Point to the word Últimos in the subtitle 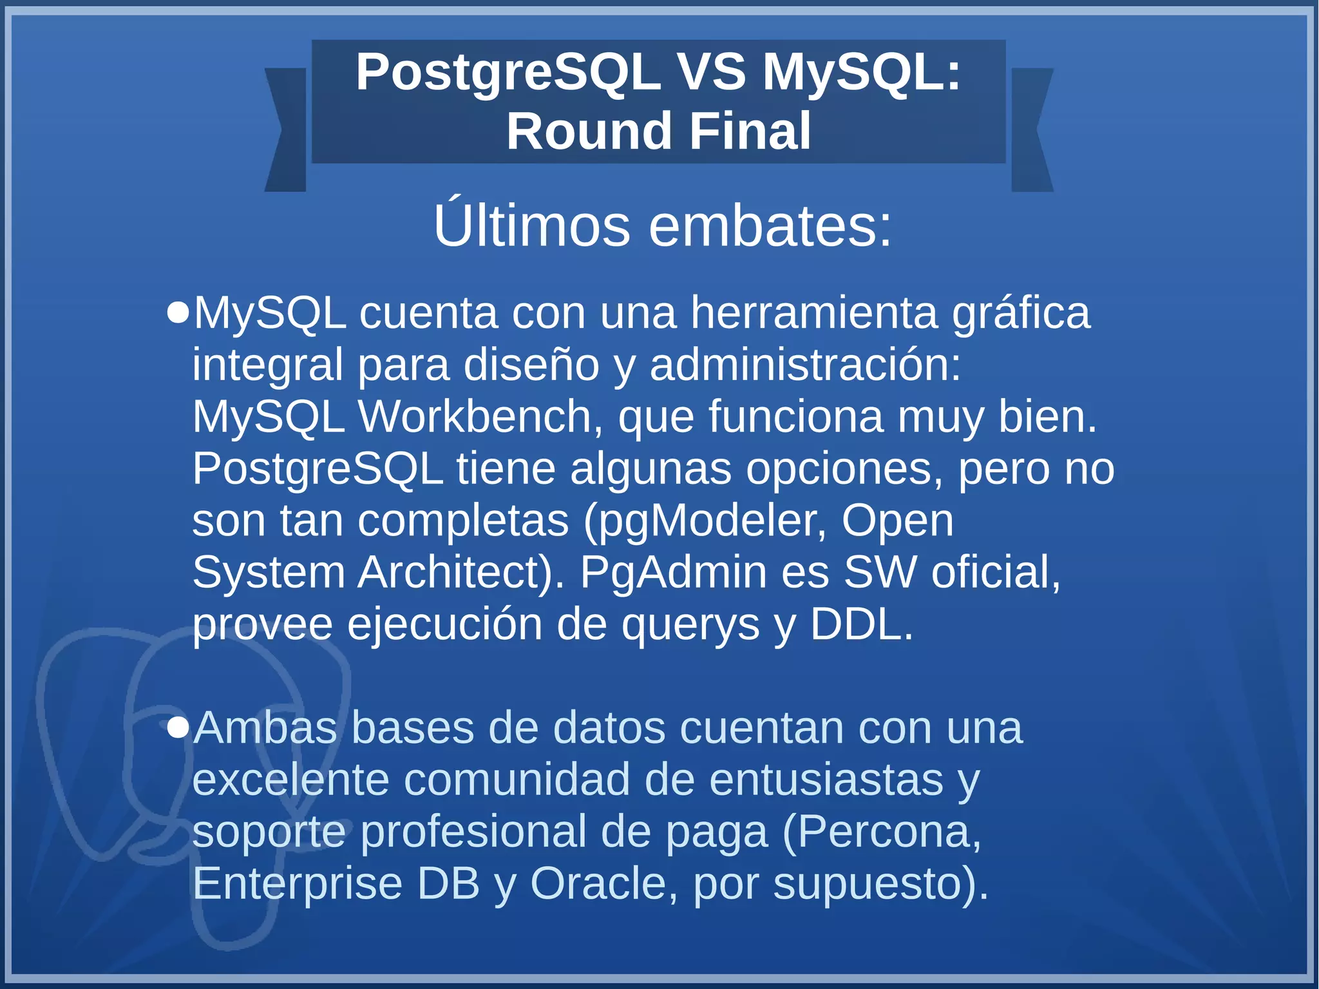[x=531, y=226]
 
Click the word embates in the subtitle [x=770, y=227]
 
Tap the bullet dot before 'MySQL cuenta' [x=178, y=314]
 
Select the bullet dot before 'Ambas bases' [x=178, y=728]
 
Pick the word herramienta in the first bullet [x=814, y=313]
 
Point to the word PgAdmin [x=673, y=572]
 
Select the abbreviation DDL [x=861, y=624]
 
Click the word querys [x=690, y=626]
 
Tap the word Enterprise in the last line [x=298, y=885]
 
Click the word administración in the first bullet [x=805, y=365]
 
